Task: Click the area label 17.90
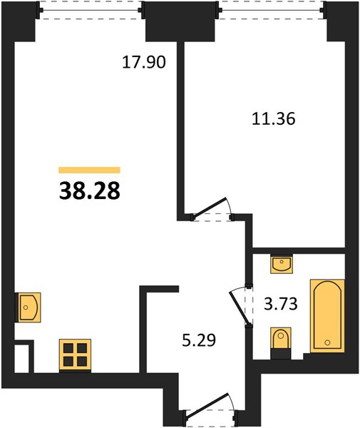144,62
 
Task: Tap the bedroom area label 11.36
273,119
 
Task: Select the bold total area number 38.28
89,190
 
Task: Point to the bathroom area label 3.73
281,304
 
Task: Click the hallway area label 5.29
199,340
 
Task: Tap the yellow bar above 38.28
89,170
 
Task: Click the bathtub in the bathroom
327,316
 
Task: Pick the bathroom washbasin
282,264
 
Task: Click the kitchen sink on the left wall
29,307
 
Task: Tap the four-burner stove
75,355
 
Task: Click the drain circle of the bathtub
327,342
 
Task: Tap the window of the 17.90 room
91,11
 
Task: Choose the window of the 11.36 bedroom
272,11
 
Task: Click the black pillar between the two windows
180,21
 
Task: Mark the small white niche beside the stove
21,358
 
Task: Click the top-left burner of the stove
68,348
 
